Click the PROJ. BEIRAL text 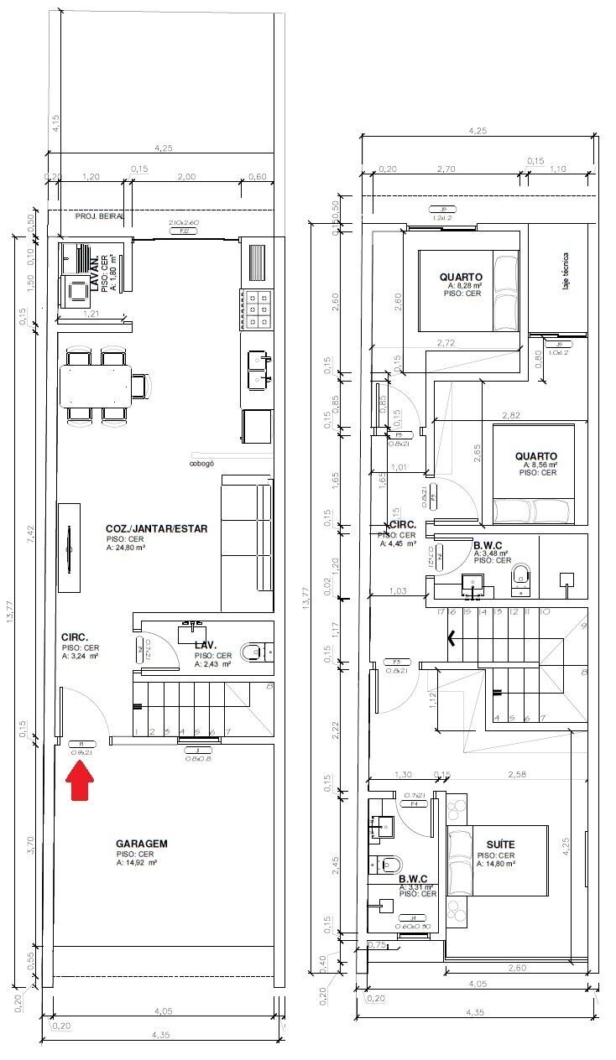point(100,216)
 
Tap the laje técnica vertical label point(567,273)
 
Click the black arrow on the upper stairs point(454,639)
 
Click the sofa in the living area point(248,543)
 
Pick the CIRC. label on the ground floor point(75,637)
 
